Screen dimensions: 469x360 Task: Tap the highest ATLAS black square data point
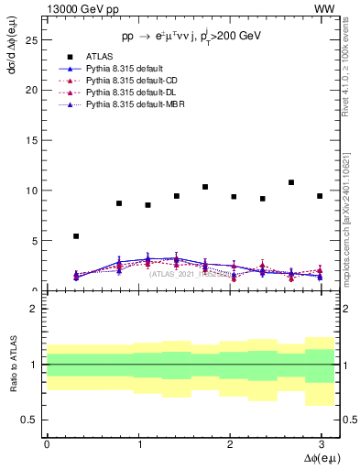291,182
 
